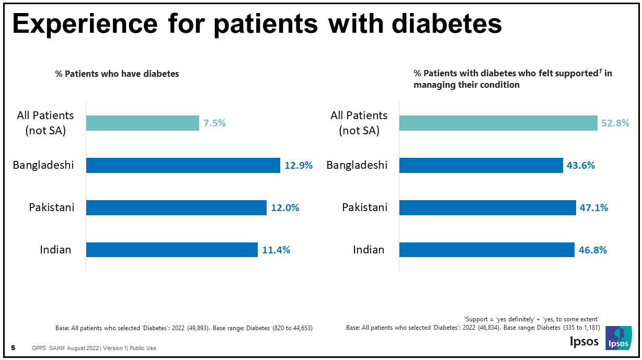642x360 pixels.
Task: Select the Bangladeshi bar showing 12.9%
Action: click(183, 166)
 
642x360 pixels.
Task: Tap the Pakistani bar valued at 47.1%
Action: click(487, 208)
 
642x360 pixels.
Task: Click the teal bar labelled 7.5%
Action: click(142, 123)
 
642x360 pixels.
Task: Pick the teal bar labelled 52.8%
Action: click(498, 123)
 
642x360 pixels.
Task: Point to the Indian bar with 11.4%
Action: click(171, 250)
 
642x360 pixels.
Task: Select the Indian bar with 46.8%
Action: click(487, 250)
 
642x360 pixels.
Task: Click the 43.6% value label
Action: click(580, 166)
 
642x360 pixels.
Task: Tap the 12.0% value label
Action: click(285, 208)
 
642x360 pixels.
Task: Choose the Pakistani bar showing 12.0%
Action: click(176, 208)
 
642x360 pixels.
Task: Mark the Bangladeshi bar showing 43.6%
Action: click(481, 166)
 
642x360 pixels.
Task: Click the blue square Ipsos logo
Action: click(618, 338)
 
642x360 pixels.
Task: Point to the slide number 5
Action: click(13, 348)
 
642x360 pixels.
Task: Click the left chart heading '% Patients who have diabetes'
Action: click(117, 74)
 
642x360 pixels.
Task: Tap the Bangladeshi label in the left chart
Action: click(43, 166)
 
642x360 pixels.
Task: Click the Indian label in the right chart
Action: click(369, 250)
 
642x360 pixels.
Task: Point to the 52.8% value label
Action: click(615, 123)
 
